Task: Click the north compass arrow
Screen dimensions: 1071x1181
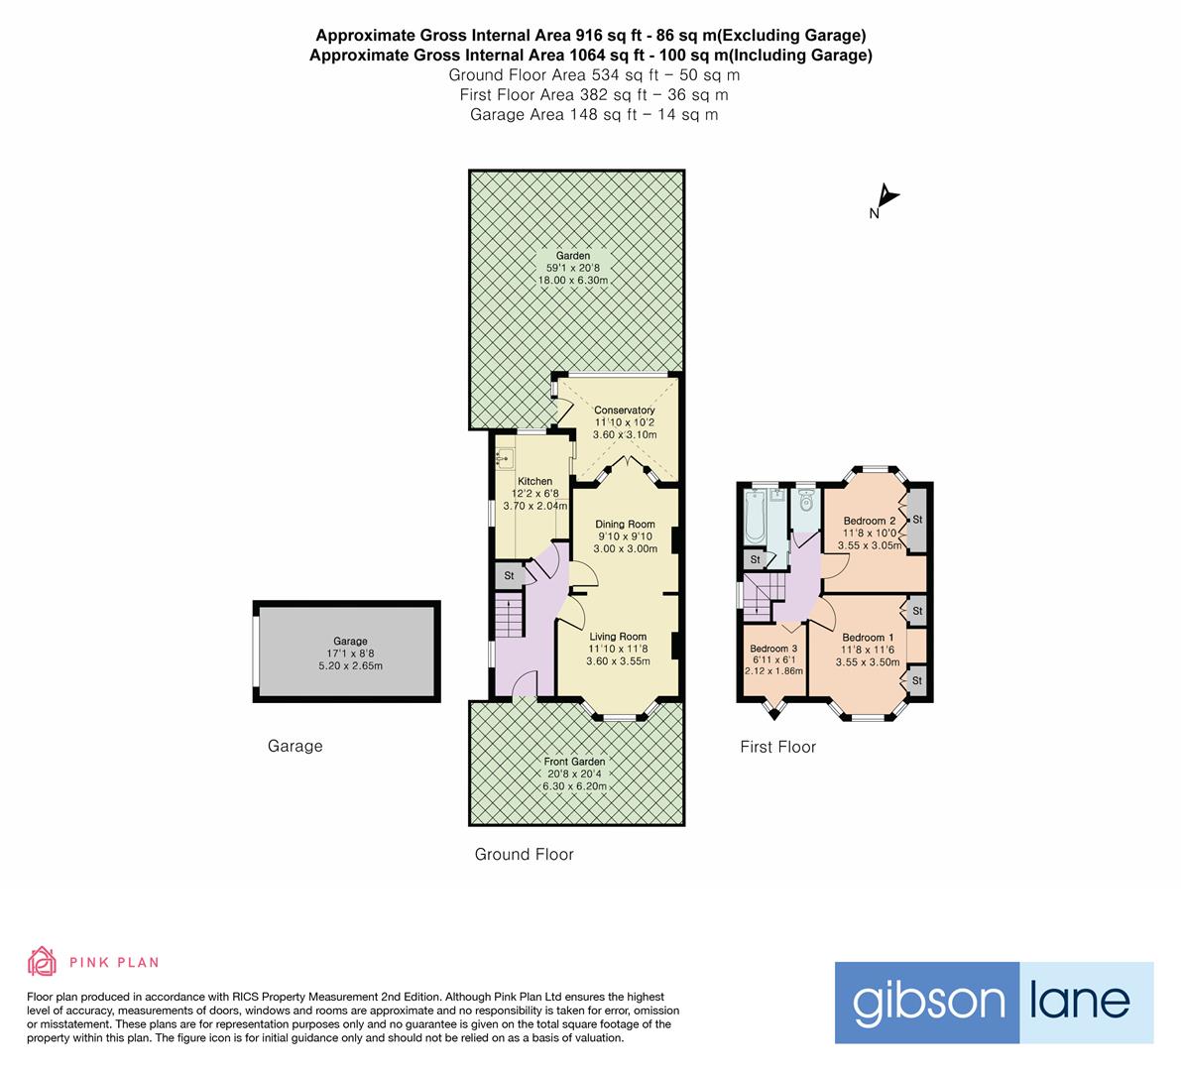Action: [x=886, y=198]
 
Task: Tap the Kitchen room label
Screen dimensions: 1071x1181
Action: [x=535, y=481]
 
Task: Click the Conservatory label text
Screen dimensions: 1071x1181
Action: [x=624, y=410]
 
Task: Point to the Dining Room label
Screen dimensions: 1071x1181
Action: [x=625, y=524]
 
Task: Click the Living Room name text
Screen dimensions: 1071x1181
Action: [x=618, y=637]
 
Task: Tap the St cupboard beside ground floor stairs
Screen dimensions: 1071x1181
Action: [x=509, y=575]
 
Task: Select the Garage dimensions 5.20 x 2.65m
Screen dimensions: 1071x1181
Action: [x=350, y=665]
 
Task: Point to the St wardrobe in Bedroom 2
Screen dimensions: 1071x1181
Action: [x=917, y=520]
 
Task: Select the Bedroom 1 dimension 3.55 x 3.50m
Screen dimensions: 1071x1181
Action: [x=868, y=662]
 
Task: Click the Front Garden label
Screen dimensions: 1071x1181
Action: [x=574, y=762]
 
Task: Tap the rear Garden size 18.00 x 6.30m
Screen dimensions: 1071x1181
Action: [x=572, y=281]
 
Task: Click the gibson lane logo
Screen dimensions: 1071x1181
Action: [x=994, y=1002]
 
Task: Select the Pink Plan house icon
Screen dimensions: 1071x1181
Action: [x=42, y=961]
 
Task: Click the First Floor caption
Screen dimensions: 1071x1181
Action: [x=777, y=747]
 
